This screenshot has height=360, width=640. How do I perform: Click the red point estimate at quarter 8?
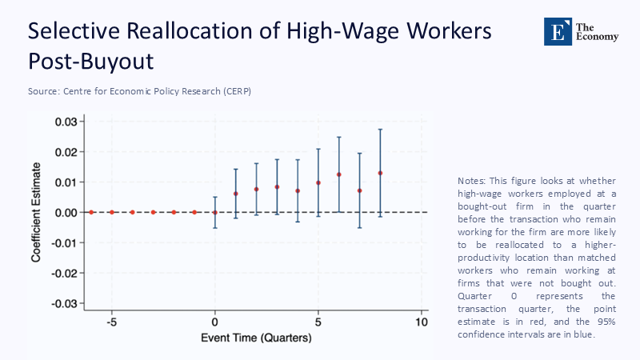click(x=380, y=173)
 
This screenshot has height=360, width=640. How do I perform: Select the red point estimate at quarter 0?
click(x=214, y=212)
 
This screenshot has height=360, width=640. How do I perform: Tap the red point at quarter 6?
click(x=339, y=174)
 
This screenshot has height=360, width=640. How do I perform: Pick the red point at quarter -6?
click(x=91, y=212)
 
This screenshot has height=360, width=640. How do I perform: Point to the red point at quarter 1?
click(x=235, y=194)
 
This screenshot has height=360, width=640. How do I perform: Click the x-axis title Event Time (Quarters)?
click(x=255, y=338)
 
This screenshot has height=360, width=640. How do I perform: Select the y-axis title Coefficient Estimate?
click(x=37, y=214)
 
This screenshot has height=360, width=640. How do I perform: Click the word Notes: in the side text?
click(x=472, y=181)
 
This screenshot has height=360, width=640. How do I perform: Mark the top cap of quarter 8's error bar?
click(x=380, y=130)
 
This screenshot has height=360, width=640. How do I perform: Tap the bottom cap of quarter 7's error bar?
click(x=360, y=228)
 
